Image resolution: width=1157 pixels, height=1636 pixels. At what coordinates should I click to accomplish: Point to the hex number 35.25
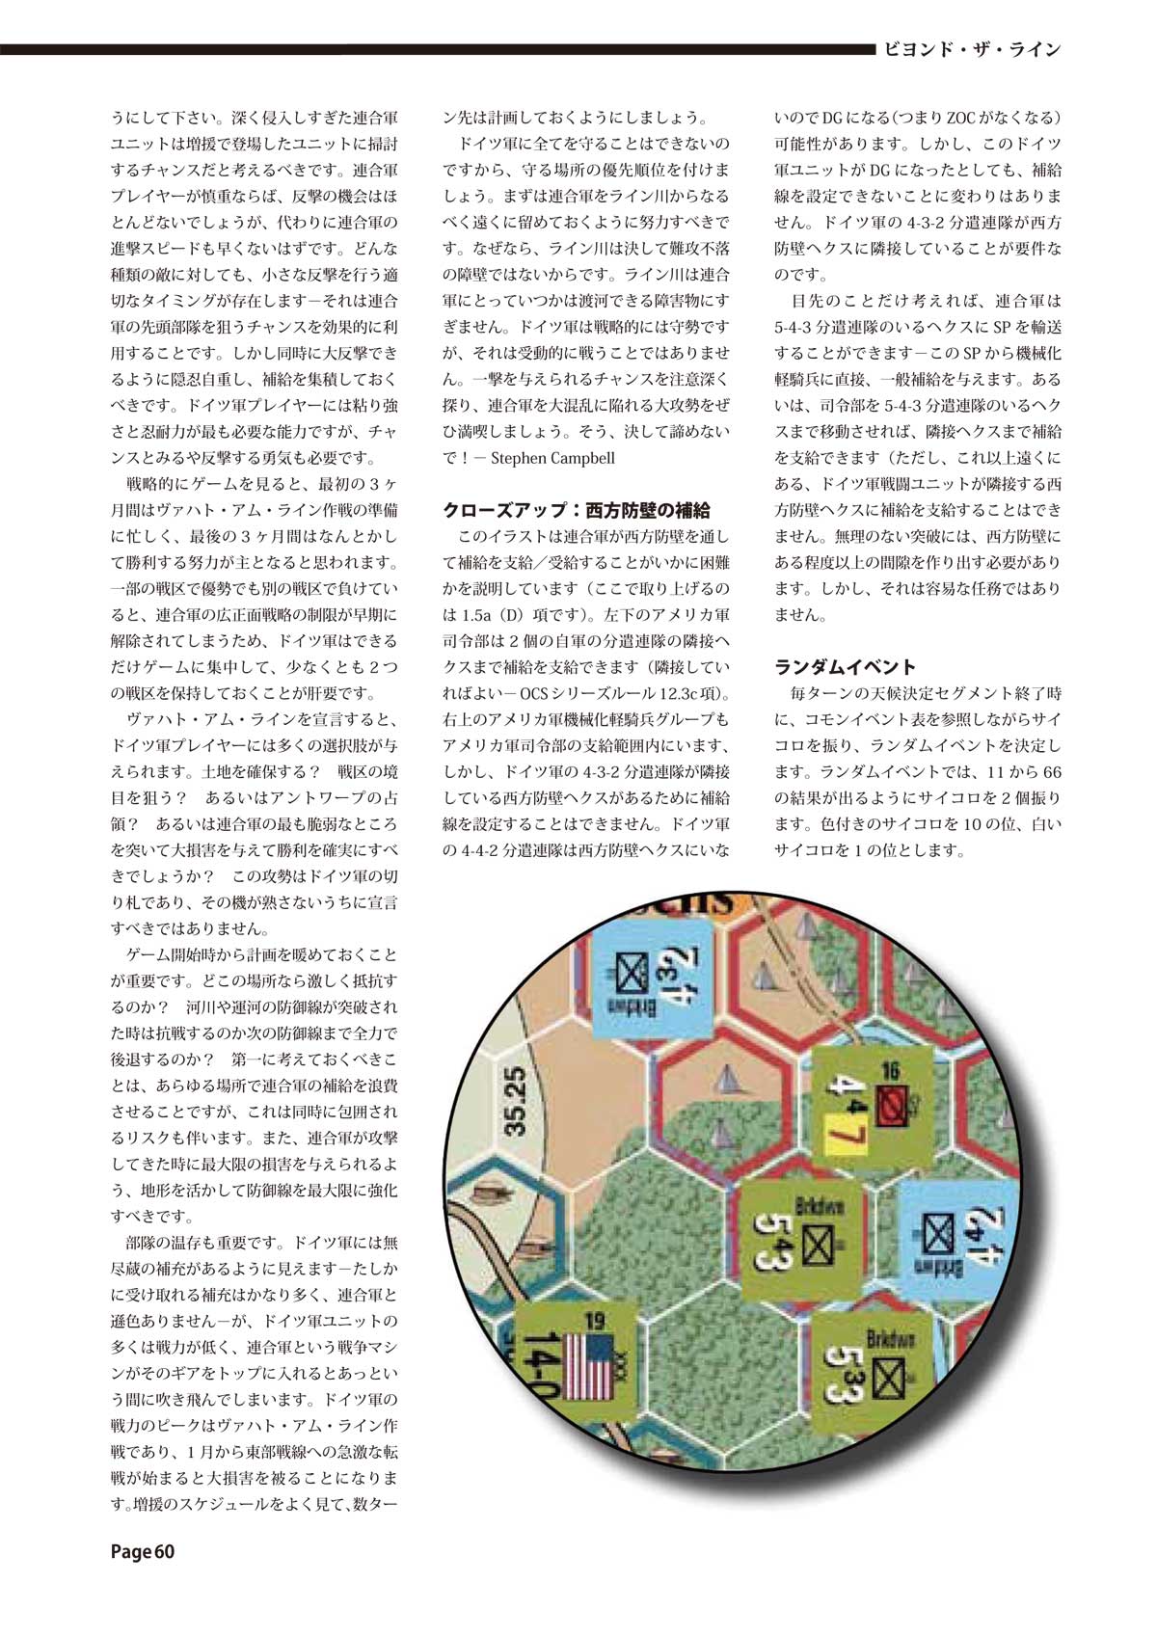tap(516, 1099)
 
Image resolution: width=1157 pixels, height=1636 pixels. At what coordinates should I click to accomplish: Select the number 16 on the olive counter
tap(889, 1068)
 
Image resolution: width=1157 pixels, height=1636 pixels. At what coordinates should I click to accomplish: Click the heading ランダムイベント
tap(845, 666)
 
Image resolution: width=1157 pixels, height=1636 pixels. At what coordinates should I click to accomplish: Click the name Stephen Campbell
tap(552, 458)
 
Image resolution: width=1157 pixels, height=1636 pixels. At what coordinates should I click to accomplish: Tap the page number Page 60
tap(143, 1551)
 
